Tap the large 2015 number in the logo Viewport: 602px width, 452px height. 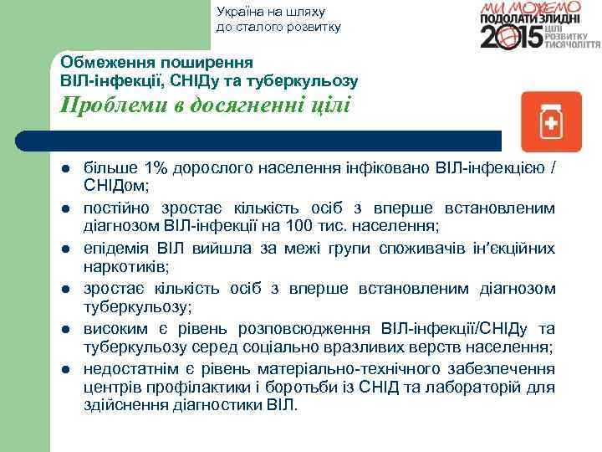(512, 38)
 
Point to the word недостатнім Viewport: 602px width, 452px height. (128, 368)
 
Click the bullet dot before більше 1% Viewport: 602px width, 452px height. (64, 169)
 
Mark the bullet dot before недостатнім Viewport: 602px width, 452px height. (64, 370)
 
